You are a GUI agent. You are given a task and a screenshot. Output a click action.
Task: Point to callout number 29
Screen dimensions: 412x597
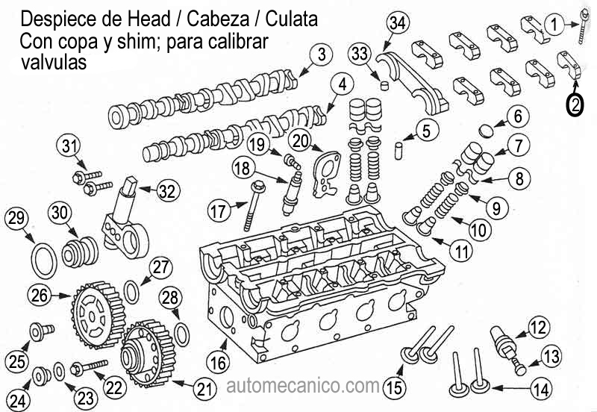[x=16, y=219]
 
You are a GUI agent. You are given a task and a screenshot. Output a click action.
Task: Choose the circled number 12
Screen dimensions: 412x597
[x=537, y=326]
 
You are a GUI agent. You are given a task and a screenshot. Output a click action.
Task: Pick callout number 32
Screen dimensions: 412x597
[x=168, y=190]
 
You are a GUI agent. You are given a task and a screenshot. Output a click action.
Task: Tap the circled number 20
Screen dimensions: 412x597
[x=301, y=140]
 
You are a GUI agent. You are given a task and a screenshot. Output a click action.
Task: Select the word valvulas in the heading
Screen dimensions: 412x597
[x=54, y=63]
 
